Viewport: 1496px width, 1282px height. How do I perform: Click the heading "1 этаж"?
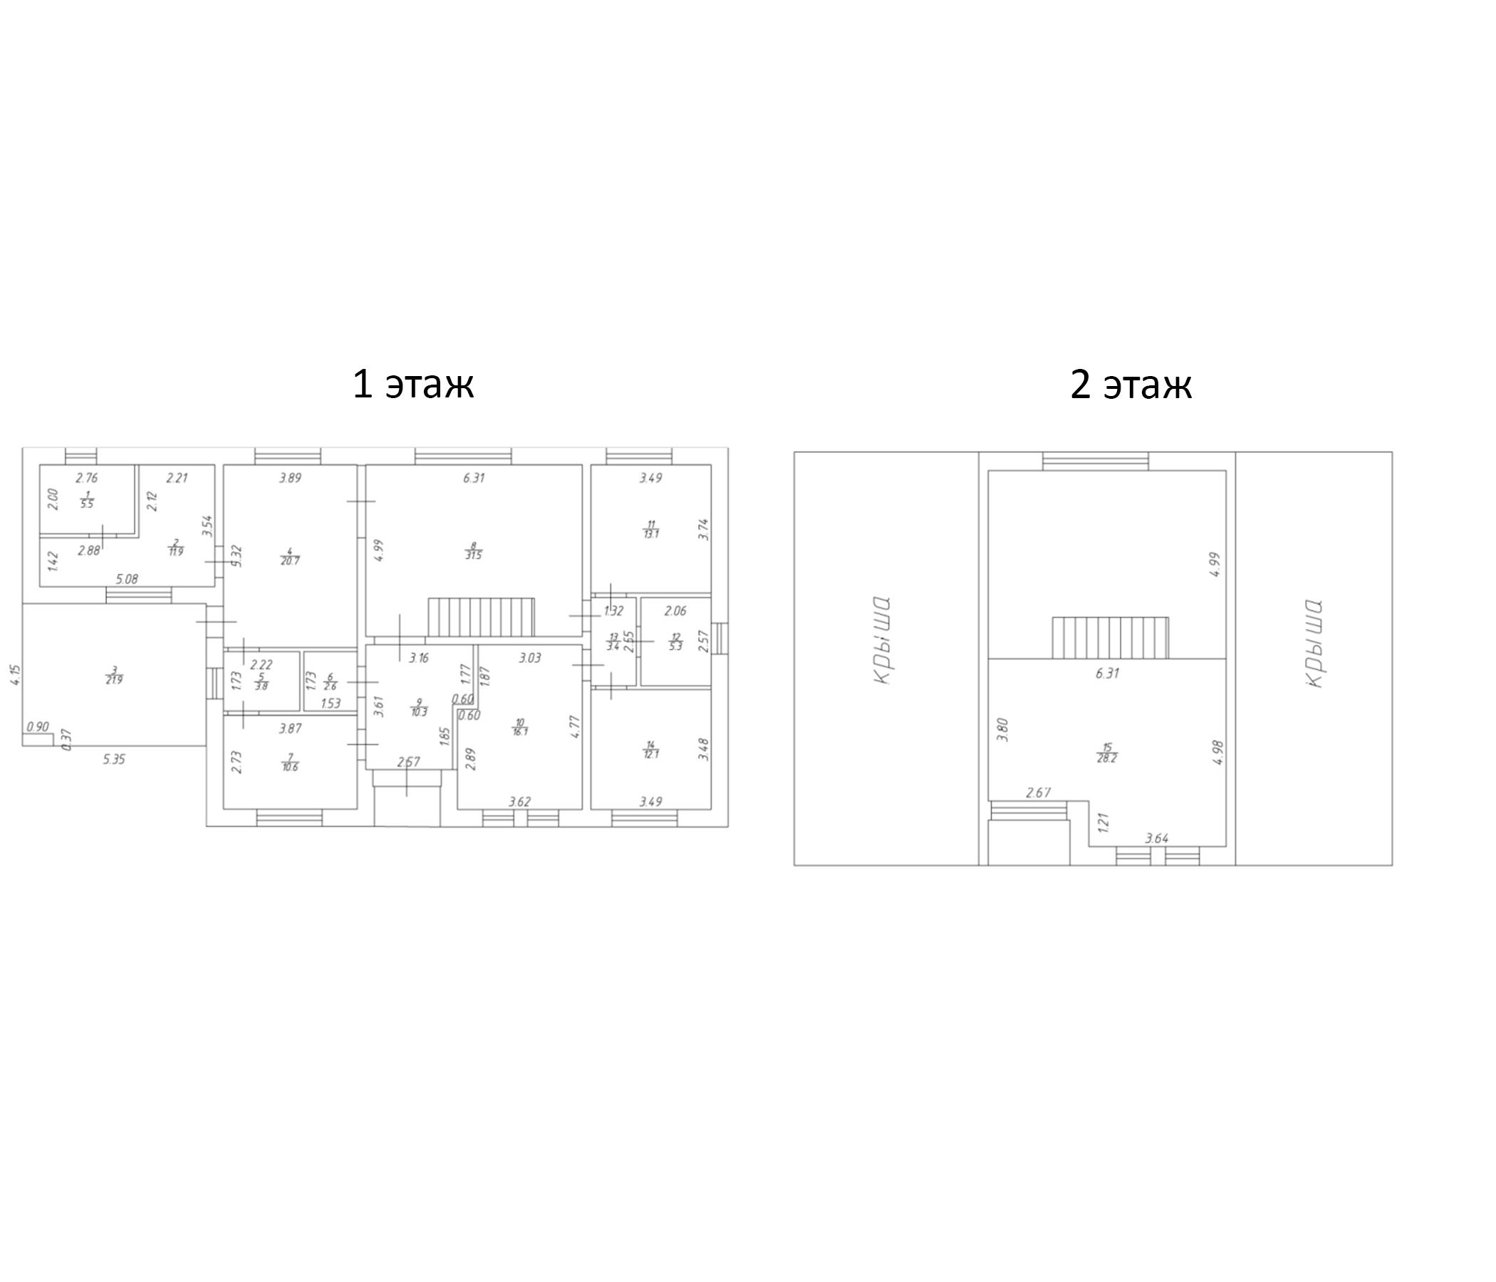click(412, 384)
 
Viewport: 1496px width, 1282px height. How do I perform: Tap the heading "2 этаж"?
click(1130, 384)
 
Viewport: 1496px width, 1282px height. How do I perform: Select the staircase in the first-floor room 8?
click(481, 617)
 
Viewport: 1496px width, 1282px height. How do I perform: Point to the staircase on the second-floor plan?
click(1110, 637)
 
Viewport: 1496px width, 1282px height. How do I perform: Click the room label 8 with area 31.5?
click(474, 551)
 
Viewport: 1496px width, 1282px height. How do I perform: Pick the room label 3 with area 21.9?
click(114, 675)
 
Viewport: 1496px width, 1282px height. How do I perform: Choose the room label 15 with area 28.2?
click(1107, 753)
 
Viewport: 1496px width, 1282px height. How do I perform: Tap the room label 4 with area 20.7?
click(289, 556)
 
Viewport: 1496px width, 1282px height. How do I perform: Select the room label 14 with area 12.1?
click(650, 749)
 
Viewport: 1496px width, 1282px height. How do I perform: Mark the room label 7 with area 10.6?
click(289, 761)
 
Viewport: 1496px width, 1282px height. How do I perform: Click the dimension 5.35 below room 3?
click(114, 759)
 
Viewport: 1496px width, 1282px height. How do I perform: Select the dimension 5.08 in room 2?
click(127, 579)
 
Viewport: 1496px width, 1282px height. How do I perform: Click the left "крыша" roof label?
click(882, 640)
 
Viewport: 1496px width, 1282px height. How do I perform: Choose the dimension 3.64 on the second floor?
click(1157, 838)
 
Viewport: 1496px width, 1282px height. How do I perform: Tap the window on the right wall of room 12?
click(720, 638)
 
